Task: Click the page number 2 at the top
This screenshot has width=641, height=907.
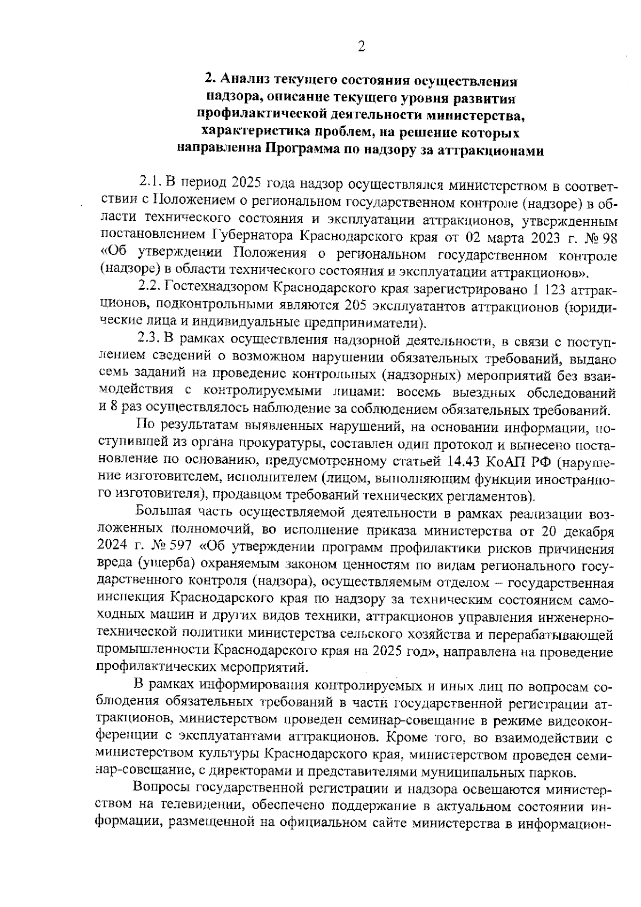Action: tap(361, 48)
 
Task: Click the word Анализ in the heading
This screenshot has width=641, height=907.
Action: tap(245, 81)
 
